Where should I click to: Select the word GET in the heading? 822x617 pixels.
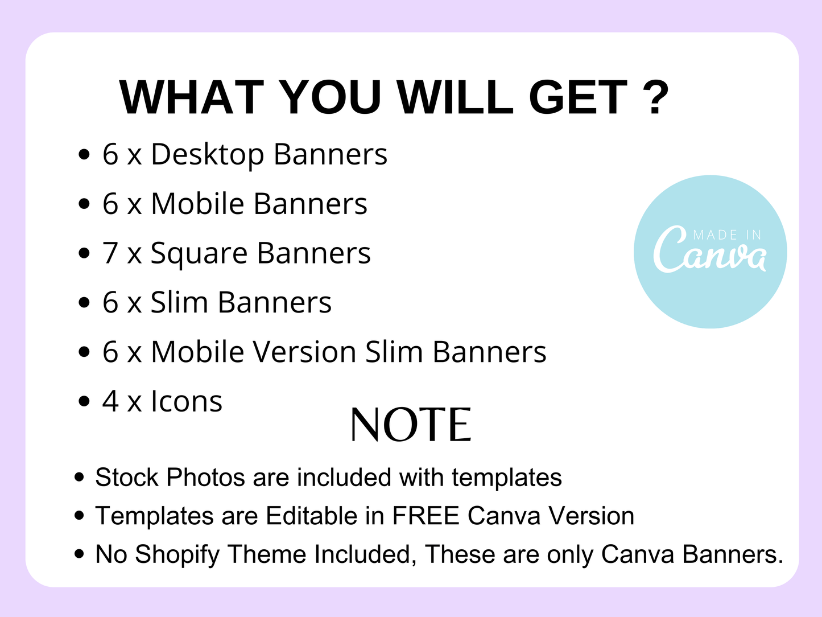[577, 97]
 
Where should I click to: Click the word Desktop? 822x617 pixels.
[208, 154]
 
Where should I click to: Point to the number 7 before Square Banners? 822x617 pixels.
[110, 253]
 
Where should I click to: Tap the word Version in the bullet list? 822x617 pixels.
[304, 352]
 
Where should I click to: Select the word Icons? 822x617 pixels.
[187, 401]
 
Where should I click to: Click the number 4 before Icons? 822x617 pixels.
[110, 401]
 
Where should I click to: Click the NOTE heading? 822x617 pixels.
[411, 425]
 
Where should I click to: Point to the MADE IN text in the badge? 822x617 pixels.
[727, 235]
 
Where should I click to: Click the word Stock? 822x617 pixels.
[127, 478]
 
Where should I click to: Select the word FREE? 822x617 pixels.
[426, 516]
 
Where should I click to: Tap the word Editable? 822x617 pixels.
[312, 516]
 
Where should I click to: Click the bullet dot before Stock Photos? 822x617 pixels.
[79, 478]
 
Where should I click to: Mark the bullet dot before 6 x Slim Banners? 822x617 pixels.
[85, 302]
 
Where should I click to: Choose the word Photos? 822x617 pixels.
[205, 478]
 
